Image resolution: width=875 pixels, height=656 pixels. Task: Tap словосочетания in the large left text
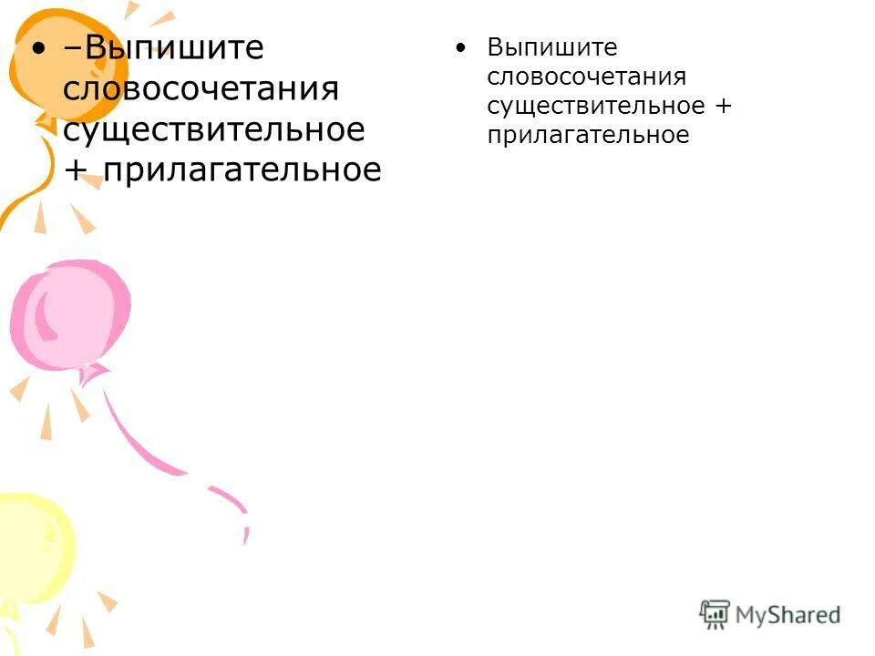[x=201, y=90]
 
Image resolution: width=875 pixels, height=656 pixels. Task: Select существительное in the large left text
[x=213, y=129]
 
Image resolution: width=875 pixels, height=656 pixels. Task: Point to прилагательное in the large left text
[x=242, y=170]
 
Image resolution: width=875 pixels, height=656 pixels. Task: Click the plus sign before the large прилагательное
[x=74, y=171]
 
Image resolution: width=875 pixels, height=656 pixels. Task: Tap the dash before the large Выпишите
[x=70, y=49]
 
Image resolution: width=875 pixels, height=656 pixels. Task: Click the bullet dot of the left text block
[x=36, y=48]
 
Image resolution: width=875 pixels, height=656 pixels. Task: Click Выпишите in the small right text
[x=551, y=48]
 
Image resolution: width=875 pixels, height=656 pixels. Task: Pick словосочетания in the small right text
[x=586, y=77]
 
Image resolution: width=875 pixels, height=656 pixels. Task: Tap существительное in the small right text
[x=595, y=106]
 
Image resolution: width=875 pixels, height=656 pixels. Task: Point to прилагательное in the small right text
[x=587, y=135]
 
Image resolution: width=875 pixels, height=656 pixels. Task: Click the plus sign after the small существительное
[x=723, y=107]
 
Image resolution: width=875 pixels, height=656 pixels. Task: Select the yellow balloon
[x=32, y=538]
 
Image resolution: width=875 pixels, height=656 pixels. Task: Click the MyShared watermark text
[x=787, y=615]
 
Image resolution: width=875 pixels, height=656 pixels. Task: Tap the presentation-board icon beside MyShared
[x=715, y=614]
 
